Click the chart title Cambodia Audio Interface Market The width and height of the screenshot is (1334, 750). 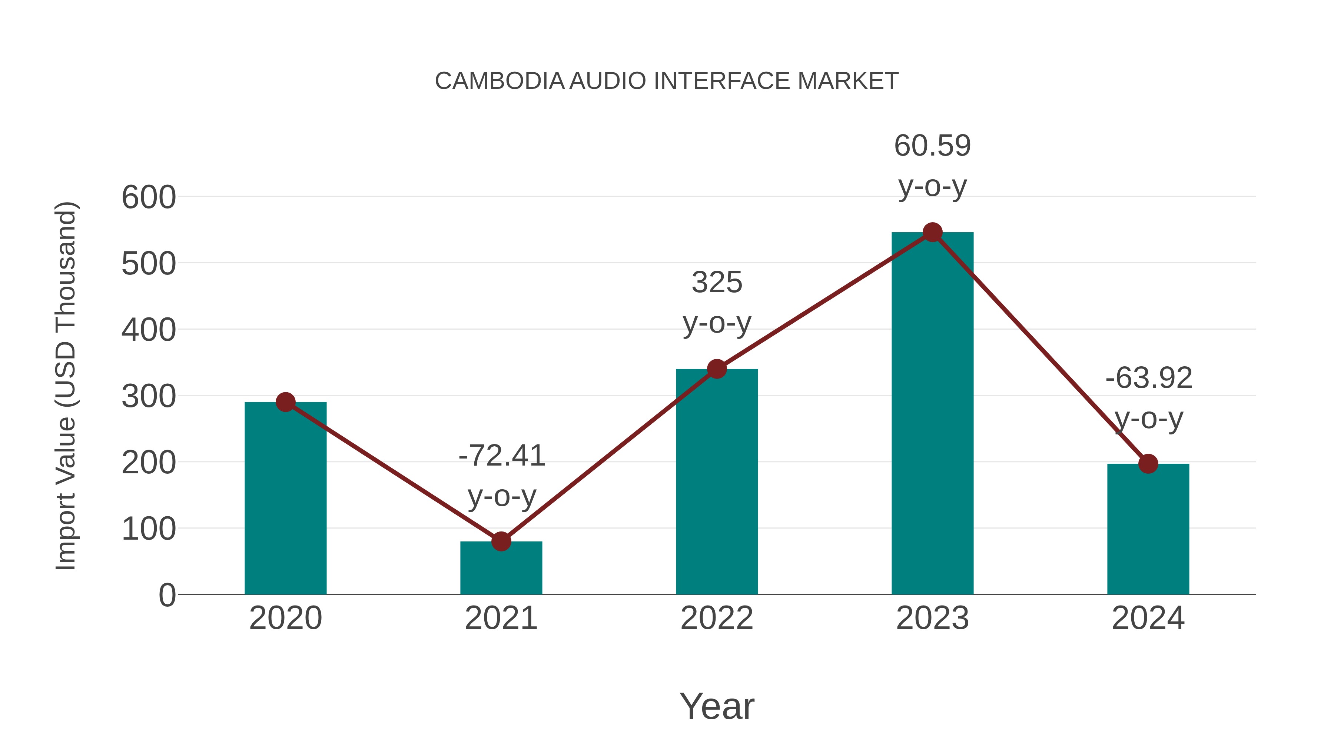coord(667,81)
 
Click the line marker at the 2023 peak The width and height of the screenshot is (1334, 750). coord(932,232)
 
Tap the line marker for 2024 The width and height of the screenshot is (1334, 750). coord(1148,464)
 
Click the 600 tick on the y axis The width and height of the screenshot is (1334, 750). coord(149,198)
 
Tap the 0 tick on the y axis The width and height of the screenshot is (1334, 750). coord(167,595)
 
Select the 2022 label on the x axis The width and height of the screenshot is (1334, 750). coord(717,618)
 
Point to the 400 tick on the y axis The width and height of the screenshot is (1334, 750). coord(149,330)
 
